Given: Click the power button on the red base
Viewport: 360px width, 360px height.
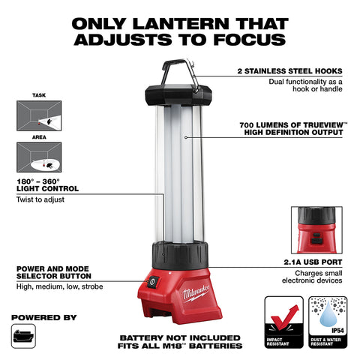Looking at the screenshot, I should [153, 283].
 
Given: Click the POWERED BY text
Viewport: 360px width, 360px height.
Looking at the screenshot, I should [44, 317].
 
